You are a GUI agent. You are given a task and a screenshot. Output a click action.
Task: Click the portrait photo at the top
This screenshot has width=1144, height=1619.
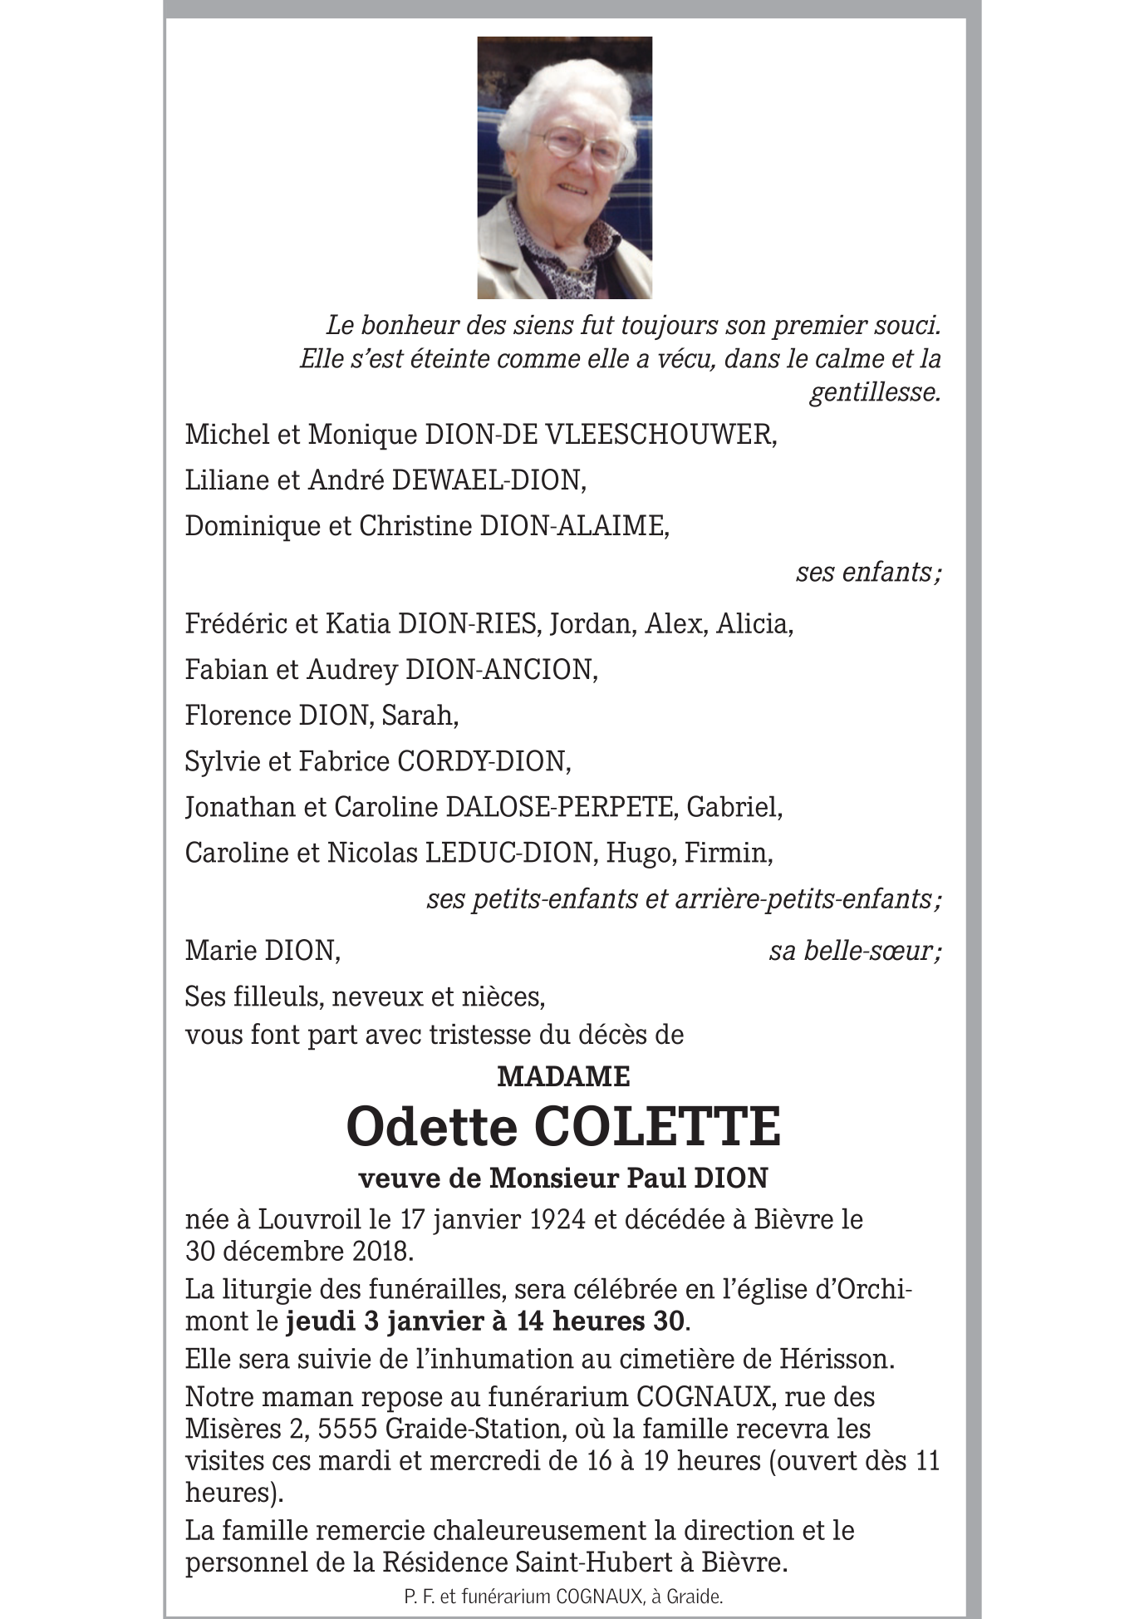coord(564,167)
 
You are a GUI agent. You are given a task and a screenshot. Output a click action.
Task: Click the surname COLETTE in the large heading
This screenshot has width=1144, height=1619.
coord(657,1127)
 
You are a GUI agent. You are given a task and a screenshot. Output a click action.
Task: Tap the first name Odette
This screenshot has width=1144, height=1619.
coord(430,1127)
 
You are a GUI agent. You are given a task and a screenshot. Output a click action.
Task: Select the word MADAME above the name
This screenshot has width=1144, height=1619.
coord(563,1077)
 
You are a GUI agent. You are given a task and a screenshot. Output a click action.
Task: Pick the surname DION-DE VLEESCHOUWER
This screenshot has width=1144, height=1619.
coord(600,435)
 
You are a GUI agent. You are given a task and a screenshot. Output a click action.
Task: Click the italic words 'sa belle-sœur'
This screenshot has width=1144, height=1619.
coord(853,951)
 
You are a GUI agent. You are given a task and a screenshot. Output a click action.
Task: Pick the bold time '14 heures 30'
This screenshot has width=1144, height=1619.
coord(601,1321)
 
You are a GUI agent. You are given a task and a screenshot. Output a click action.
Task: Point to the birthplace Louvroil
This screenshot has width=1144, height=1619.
coord(309,1220)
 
